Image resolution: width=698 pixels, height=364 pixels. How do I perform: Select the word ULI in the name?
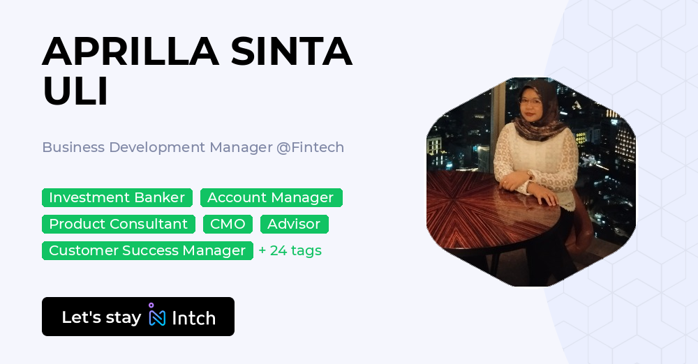pyautogui.click(x=75, y=91)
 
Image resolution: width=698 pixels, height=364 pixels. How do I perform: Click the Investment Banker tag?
pyautogui.click(x=117, y=198)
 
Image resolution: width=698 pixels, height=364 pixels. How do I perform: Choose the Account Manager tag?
pyautogui.click(x=271, y=198)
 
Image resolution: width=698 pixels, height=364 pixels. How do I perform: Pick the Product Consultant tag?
pyautogui.click(x=118, y=225)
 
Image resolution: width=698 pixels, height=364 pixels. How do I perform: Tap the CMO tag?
pyautogui.click(x=228, y=225)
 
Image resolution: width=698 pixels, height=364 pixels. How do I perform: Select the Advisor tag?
pyautogui.click(x=294, y=225)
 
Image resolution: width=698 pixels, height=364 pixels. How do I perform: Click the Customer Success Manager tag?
pyautogui.click(x=147, y=251)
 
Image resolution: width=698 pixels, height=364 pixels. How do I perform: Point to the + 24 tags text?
pyautogui.click(x=290, y=251)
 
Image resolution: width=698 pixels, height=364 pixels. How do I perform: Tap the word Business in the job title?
pyautogui.click(x=73, y=148)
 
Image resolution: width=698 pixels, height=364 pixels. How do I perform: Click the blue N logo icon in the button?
pyautogui.click(x=157, y=317)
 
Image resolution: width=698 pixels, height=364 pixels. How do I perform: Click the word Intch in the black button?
pyautogui.click(x=193, y=318)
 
